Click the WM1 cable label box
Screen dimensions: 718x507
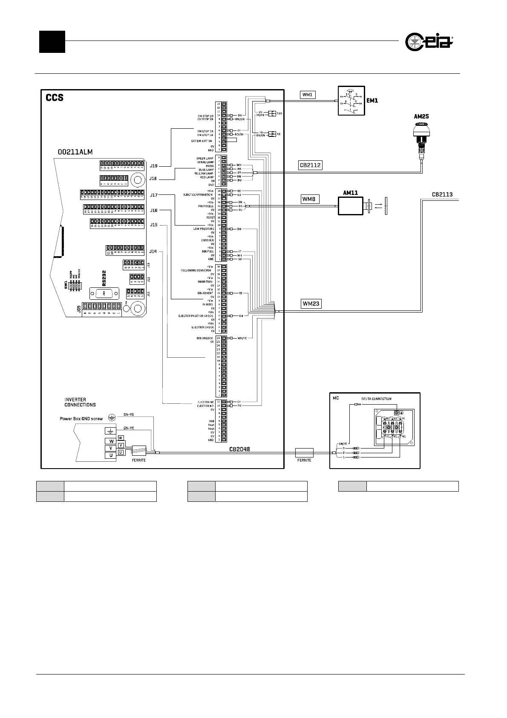click(308, 95)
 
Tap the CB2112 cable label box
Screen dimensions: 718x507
click(310, 165)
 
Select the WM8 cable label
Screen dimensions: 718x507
click(310, 199)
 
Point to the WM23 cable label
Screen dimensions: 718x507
click(311, 304)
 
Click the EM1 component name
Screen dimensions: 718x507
click(372, 101)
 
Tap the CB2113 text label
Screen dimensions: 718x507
click(442, 194)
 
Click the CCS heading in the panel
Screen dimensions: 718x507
click(55, 98)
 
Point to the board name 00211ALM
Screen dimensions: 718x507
click(75, 152)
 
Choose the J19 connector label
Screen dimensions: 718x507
click(153, 165)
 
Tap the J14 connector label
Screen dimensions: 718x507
click(153, 252)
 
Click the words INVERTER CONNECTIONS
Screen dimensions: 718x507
click(80, 402)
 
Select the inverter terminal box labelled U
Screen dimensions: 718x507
click(111, 455)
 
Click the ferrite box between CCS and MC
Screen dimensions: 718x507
click(304, 453)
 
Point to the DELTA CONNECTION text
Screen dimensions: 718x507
click(373, 399)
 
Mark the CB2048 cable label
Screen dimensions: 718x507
click(239, 449)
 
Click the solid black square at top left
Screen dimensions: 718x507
click(52, 42)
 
